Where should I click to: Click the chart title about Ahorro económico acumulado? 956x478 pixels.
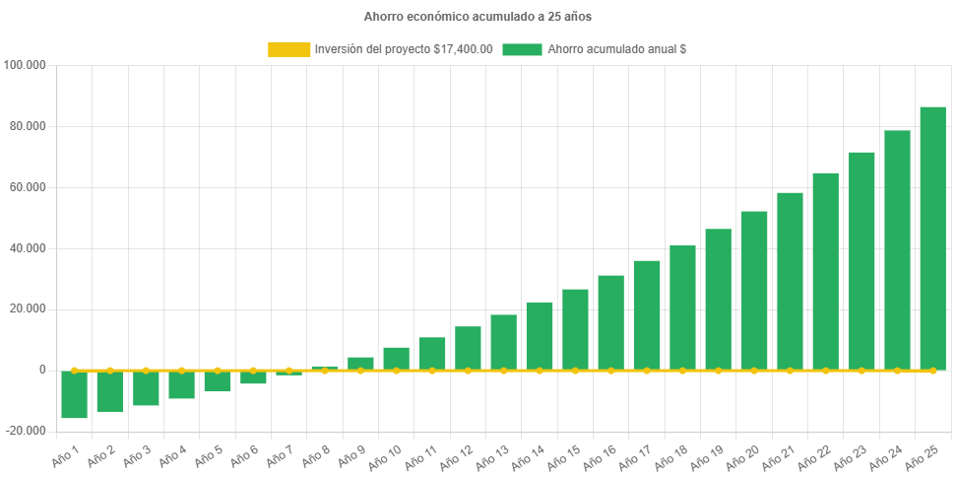click(x=478, y=17)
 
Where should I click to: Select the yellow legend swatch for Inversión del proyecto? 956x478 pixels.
click(x=288, y=49)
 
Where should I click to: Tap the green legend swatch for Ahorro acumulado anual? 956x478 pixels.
click(x=522, y=49)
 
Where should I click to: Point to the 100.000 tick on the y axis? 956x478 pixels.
click(x=26, y=65)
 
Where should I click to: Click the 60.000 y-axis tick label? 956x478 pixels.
click(x=29, y=187)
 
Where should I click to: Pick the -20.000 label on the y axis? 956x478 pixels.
click(x=27, y=431)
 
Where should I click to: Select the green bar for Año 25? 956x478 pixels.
click(x=932, y=238)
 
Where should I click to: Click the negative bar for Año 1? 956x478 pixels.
click(x=74, y=394)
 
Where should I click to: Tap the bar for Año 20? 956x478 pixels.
click(x=754, y=290)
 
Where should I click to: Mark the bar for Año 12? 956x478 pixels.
click(x=468, y=348)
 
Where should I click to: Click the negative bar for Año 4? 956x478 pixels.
click(x=181, y=384)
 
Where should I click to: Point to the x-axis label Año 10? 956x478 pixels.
click(x=385, y=456)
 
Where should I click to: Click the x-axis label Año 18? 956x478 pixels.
click(x=670, y=456)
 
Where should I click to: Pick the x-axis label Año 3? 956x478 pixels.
click(x=134, y=455)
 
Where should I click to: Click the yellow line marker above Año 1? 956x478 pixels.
click(x=74, y=370)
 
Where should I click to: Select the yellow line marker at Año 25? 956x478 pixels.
click(x=932, y=371)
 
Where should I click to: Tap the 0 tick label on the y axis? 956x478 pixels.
click(x=42, y=370)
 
